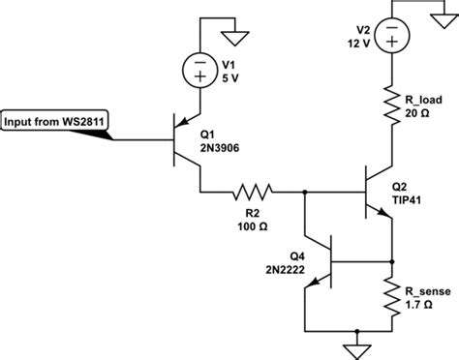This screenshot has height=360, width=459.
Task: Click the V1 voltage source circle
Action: point(200,71)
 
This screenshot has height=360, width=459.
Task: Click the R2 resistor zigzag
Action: point(254,193)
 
